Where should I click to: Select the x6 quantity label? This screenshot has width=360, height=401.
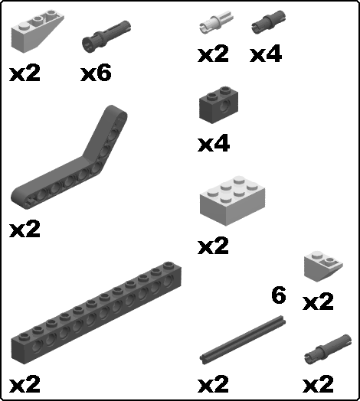(x=96, y=73)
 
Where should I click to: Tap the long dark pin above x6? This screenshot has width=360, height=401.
(x=106, y=36)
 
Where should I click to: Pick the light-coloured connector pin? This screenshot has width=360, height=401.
(x=216, y=22)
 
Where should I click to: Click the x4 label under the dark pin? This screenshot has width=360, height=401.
(x=266, y=54)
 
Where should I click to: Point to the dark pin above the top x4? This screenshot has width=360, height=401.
(x=269, y=21)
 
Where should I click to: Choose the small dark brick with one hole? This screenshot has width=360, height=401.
(x=218, y=105)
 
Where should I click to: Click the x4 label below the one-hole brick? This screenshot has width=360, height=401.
(x=214, y=144)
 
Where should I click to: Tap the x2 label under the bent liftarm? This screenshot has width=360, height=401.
(x=25, y=229)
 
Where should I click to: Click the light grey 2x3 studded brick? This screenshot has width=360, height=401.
(x=232, y=200)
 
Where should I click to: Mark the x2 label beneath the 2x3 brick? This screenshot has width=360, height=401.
(x=213, y=245)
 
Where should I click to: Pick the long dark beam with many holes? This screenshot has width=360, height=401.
(x=97, y=313)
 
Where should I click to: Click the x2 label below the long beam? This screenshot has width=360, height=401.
(x=25, y=384)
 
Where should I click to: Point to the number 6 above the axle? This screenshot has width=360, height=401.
(x=279, y=295)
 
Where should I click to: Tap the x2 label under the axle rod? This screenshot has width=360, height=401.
(x=213, y=384)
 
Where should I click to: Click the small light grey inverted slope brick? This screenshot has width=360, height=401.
(x=323, y=266)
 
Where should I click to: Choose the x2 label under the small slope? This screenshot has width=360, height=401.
(x=319, y=302)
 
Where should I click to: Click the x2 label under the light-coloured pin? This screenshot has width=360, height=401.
(x=213, y=54)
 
